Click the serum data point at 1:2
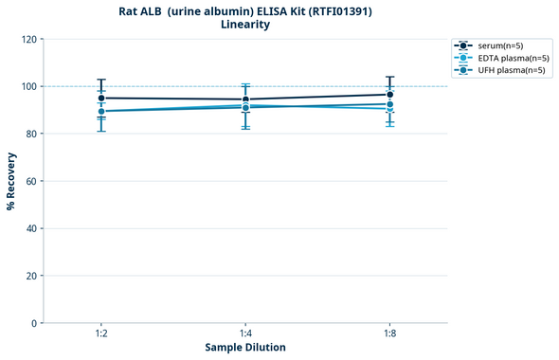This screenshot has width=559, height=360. click(101, 98)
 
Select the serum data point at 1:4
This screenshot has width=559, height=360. click(245, 99)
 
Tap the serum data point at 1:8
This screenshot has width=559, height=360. click(389, 94)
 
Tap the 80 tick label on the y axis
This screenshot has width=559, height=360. click(32, 134)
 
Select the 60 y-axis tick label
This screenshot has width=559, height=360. click(32, 181)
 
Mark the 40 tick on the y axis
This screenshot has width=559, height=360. click(32, 228)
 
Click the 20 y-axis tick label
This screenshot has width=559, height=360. click(32, 276)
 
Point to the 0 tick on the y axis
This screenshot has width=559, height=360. click(35, 323)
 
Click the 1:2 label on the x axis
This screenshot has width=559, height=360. click(101, 333)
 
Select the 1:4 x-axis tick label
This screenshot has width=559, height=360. click(245, 333)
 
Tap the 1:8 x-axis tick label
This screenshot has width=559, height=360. click(389, 333)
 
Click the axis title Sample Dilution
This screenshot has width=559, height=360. click(245, 348)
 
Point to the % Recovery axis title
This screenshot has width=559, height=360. click(11, 181)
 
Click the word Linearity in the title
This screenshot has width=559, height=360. click(244, 25)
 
